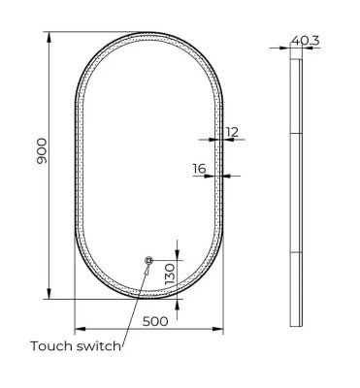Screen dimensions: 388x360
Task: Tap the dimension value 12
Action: tap(231, 131)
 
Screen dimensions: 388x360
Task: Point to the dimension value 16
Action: tap(199, 169)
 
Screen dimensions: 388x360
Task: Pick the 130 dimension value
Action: tap(169, 273)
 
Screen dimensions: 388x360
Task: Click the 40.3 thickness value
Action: tap(309, 40)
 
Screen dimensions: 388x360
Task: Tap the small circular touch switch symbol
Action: tap(148, 260)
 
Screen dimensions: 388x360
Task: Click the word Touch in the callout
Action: tap(53, 345)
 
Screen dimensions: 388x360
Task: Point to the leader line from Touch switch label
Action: tap(136, 301)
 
